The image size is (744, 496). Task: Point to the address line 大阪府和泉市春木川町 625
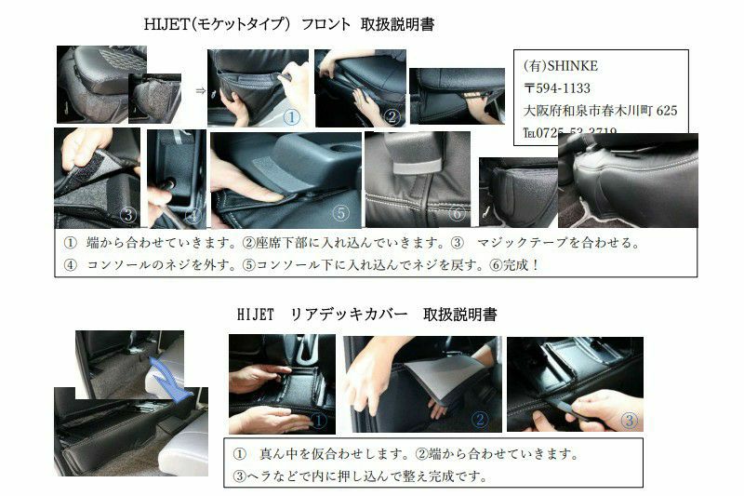click(600, 111)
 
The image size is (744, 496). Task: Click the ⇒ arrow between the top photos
click(200, 90)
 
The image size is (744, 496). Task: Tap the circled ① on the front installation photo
click(291, 117)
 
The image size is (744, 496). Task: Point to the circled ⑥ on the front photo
click(456, 213)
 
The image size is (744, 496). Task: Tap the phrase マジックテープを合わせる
click(558, 242)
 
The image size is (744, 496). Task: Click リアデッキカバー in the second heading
click(353, 315)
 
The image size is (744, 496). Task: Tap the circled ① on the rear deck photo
click(318, 420)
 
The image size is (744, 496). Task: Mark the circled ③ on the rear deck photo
click(629, 420)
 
